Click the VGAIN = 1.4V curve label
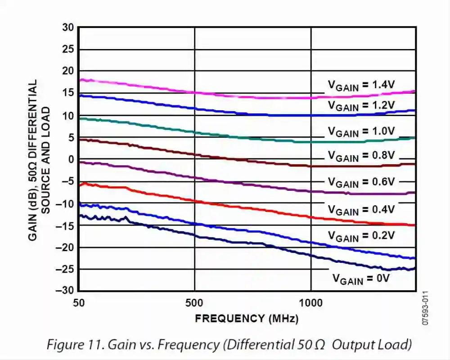tap(361, 85)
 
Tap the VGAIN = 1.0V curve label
tap(361, 132)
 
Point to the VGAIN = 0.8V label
tap(361, 156)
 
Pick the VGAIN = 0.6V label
tap(361, 182)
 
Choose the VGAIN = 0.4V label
tap(361, 210)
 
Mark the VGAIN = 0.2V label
tap(361, 236)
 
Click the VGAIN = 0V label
tap(360, 279)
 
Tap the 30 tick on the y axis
tap(67, 27)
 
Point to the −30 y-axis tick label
tap(65, 291)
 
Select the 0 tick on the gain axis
tap(70, 159)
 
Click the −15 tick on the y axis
tap(65, 225)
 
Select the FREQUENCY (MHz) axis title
tap(247, 319)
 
